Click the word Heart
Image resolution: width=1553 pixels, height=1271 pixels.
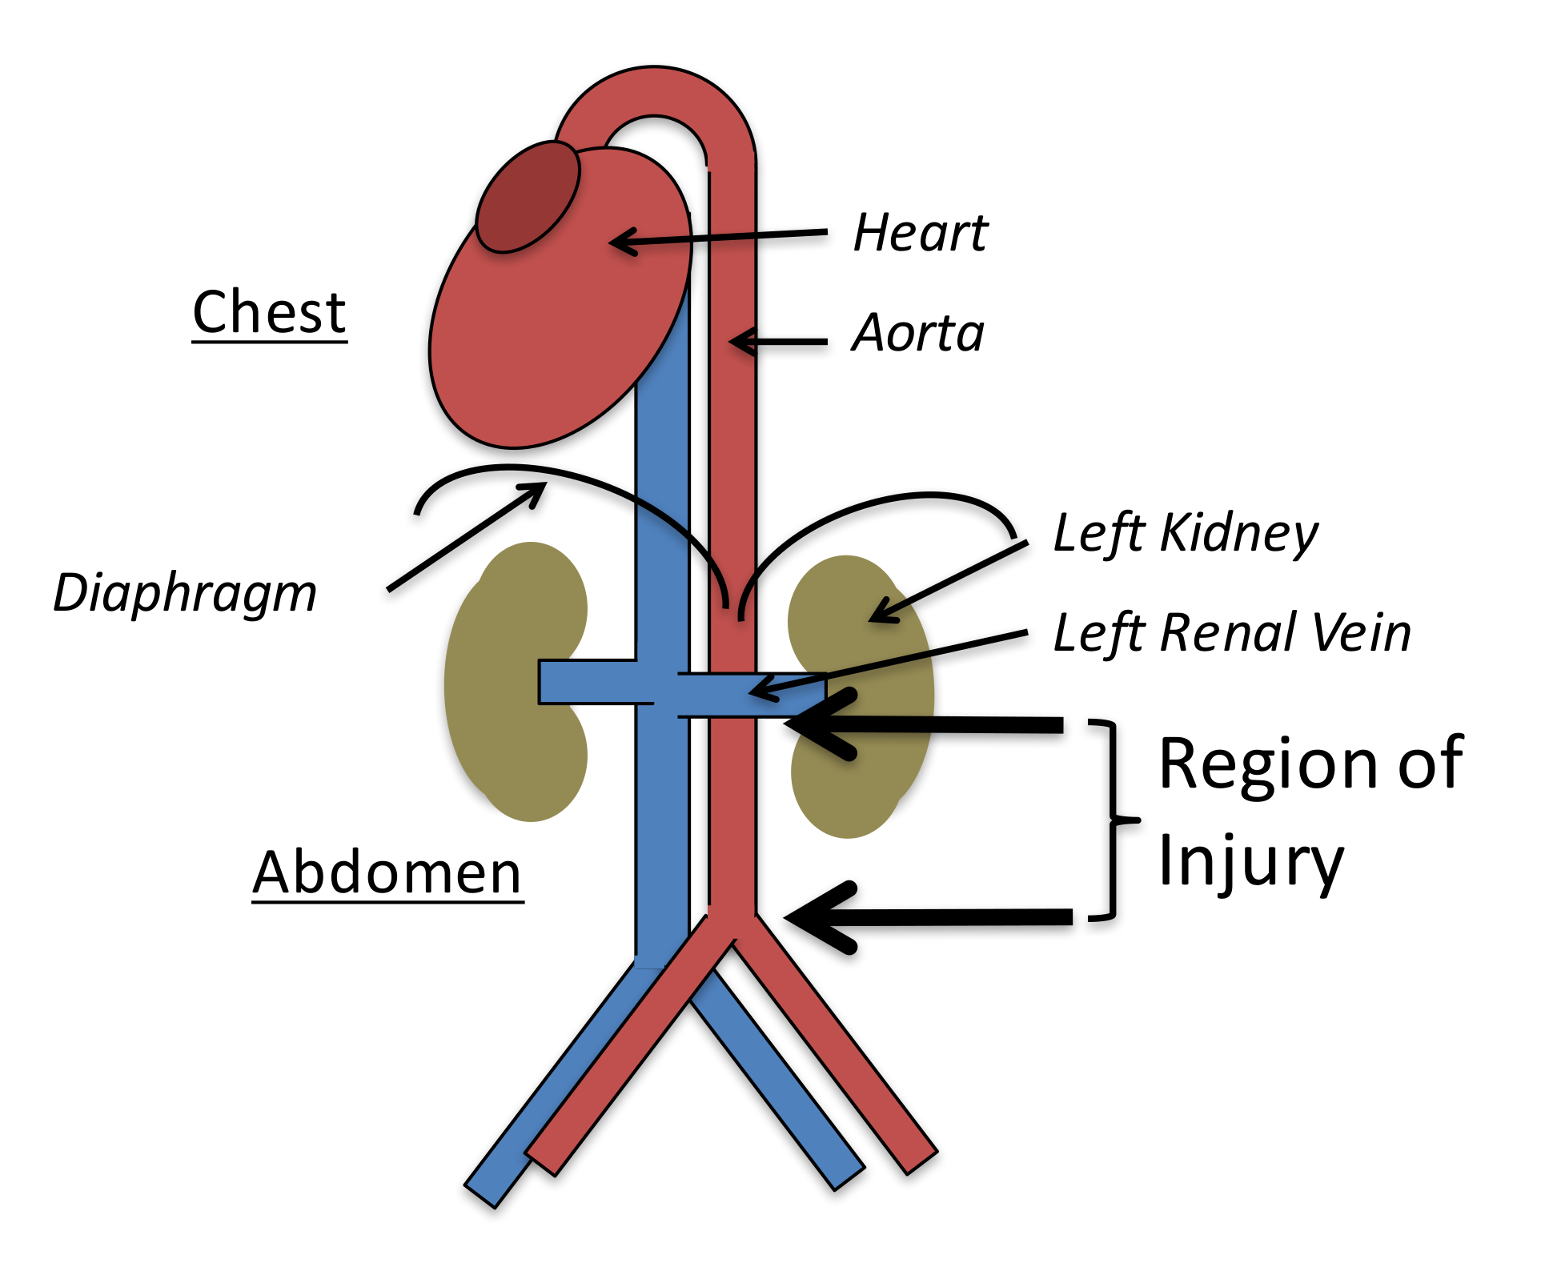pyautogui.click(x=921, y=233)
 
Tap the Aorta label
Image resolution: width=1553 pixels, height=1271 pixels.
pyautogui.click(x=918, y=332)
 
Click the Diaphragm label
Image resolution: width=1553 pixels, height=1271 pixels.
pyautogui.click(x=185, y=594)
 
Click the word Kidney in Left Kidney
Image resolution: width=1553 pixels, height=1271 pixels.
pyautogui.click(x=1238, y=534)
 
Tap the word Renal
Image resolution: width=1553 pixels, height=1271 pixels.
pyautogui.click(x=1228, y=633)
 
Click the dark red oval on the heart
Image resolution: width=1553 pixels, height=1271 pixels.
pyautogui.click(x=528, y=197)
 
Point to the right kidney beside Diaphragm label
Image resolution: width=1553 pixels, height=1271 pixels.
pyautogui.click(x=516, y=682)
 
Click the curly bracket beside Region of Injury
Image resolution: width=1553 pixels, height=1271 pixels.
pyautogui.click(x=1114, y=820)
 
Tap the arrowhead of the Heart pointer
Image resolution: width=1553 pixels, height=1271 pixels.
pyautogui.click(x=623, y=241)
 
